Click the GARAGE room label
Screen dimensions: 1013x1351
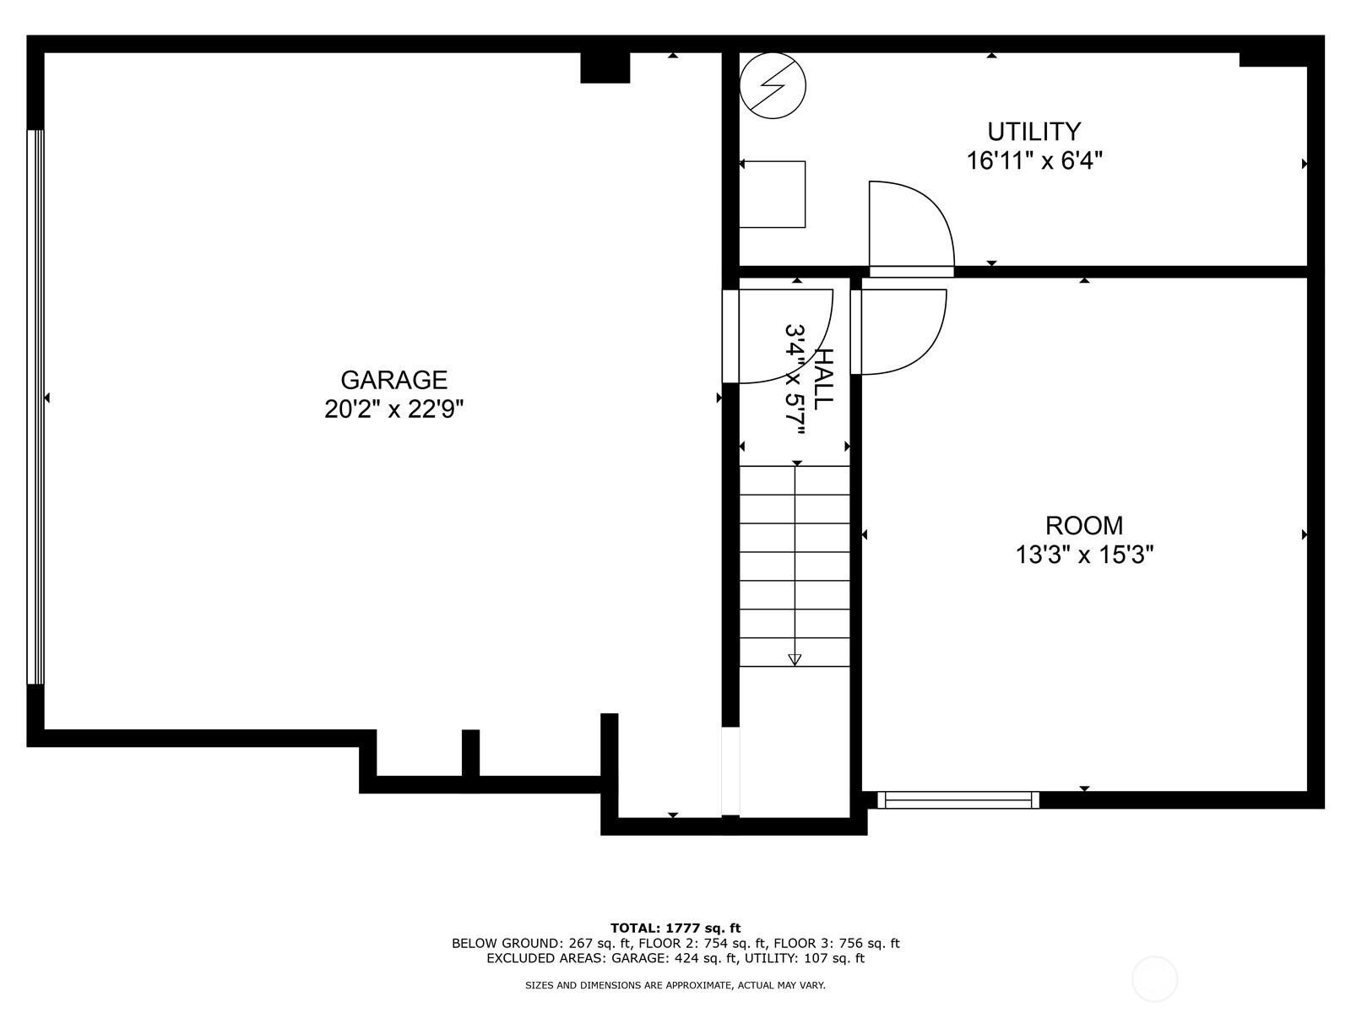(393, 380)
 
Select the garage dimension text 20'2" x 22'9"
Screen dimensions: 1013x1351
(393, 409)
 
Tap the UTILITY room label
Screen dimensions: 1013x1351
(1034, 132)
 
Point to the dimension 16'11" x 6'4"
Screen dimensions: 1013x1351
(1034, 160)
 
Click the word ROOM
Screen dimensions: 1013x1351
(1083, 526)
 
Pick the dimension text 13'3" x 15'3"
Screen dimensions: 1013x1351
(1083, 555)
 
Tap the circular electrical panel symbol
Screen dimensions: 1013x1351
(773, 85)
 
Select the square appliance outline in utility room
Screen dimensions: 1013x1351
(772, 194)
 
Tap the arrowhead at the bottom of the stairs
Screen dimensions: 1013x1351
(795, 660)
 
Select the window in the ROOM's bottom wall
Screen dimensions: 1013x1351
(958, 799)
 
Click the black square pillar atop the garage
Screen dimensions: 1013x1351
(605, 68)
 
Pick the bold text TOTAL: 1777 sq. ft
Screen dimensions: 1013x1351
(675, 928)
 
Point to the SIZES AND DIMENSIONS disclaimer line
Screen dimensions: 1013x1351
(675, 985)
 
